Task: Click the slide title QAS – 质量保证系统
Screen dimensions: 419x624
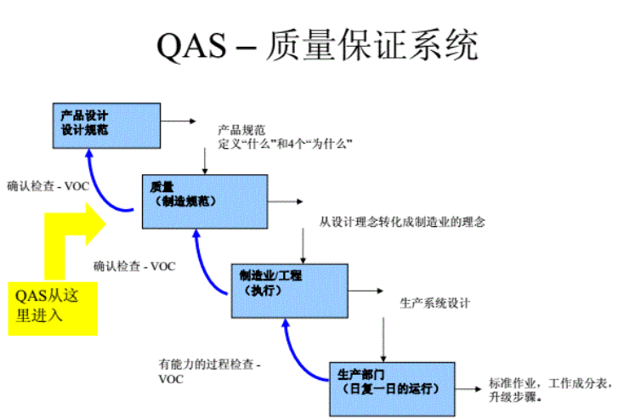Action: (317, 45)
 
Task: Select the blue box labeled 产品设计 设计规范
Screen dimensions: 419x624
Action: (105, 123)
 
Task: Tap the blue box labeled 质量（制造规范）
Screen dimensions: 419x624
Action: (204, 201)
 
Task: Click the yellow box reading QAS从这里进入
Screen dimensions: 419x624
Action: (52, 305)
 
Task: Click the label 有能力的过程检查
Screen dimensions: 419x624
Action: (208, 364)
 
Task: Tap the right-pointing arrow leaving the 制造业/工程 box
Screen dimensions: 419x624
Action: (366, 290)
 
